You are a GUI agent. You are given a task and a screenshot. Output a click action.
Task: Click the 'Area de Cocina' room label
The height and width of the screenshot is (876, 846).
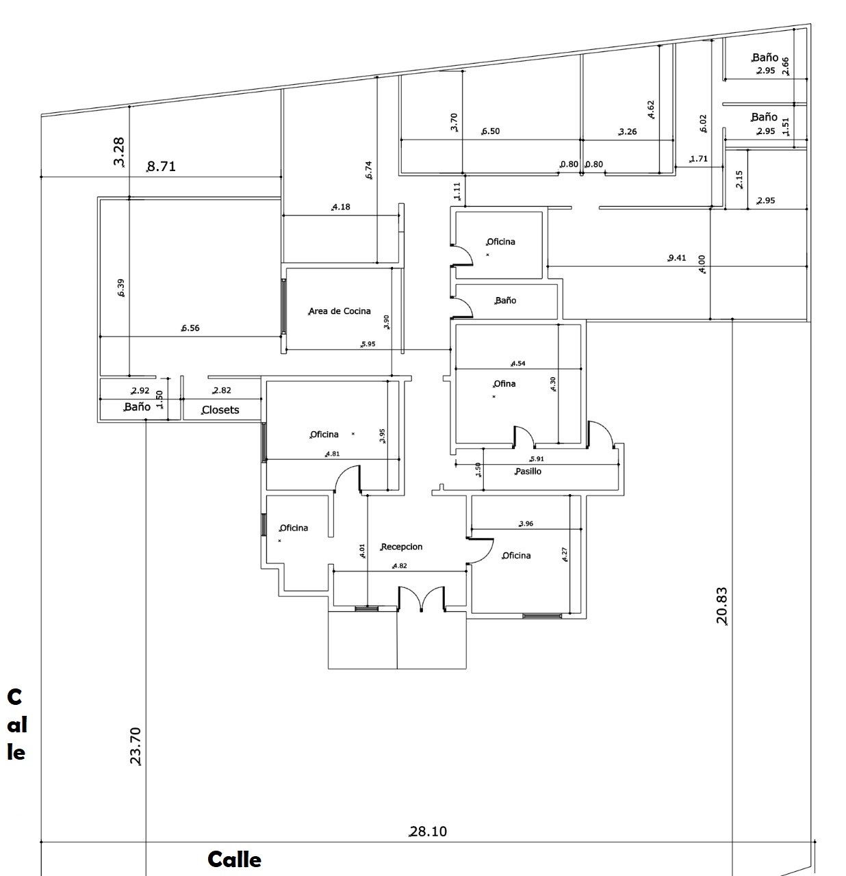tap(339, 311)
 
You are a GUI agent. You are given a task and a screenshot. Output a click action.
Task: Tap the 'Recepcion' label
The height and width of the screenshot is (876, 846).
tap(402, 547)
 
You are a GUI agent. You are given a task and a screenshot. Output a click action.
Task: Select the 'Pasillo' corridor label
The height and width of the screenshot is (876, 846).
tap(528, 472)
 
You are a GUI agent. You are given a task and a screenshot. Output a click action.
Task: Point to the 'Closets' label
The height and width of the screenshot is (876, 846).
tap(220, 410)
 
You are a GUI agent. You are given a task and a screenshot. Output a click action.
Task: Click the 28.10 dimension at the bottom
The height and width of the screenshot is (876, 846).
tap(428, 832)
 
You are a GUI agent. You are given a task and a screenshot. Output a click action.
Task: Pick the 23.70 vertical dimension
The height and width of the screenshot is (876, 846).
tap(136, 745)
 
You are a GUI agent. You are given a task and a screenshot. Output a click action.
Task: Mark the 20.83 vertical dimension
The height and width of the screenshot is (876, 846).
tap(721, 606)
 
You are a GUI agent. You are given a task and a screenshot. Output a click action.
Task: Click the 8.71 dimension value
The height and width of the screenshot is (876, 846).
tap(162, 166)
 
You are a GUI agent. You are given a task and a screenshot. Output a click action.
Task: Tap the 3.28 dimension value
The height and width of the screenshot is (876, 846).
tap(119, 152)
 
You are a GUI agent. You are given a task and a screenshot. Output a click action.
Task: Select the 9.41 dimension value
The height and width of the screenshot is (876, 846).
tap(677, 258)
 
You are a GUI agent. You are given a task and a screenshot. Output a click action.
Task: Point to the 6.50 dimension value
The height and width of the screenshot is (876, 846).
tap(491, 131)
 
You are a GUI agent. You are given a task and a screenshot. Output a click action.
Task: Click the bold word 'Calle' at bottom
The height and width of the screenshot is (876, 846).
tap(234, 860)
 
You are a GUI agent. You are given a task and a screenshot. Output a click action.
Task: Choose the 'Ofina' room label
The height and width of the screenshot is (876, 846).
tap(504, 384)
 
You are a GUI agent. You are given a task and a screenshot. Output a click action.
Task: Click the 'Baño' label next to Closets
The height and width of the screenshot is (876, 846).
tap(138, 407)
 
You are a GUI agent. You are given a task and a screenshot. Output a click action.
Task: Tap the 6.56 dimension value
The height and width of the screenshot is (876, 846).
tap(190, 328)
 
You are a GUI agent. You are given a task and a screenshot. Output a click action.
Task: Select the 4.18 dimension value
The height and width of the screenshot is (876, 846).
tap(341, 207)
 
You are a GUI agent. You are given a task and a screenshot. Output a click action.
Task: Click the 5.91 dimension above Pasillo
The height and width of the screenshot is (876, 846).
tap(537, 459)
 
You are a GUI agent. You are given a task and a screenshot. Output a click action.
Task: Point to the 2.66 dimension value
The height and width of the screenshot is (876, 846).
tap(786, 66)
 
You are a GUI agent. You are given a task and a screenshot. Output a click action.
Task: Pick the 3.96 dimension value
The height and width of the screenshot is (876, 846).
tap(526, 524)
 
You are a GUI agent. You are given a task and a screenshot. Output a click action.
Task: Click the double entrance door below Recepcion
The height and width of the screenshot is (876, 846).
tap(422, 598)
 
